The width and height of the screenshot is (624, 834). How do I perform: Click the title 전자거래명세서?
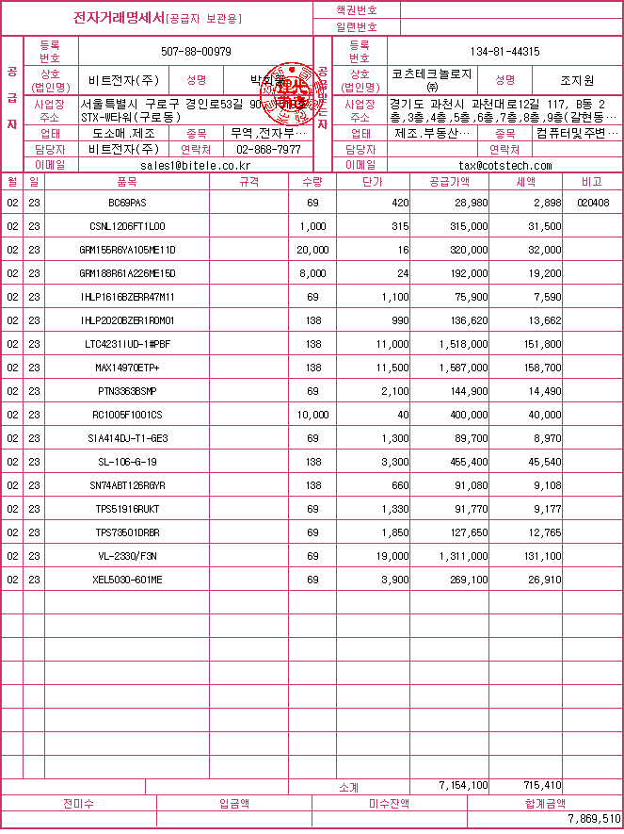120,18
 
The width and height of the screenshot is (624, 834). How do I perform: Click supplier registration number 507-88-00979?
197,52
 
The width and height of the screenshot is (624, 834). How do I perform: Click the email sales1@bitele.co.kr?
197,165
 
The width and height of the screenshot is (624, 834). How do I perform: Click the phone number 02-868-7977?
268,150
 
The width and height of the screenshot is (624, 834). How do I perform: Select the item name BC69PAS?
127,203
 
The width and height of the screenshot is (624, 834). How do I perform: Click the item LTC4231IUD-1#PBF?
127,344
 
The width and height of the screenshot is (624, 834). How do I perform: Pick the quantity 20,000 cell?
312,250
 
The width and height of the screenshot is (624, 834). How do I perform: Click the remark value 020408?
593,203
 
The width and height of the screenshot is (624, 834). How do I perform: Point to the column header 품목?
127,181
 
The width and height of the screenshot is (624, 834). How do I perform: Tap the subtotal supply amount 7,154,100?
463,785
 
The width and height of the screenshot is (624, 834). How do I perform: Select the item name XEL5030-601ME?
127,580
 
